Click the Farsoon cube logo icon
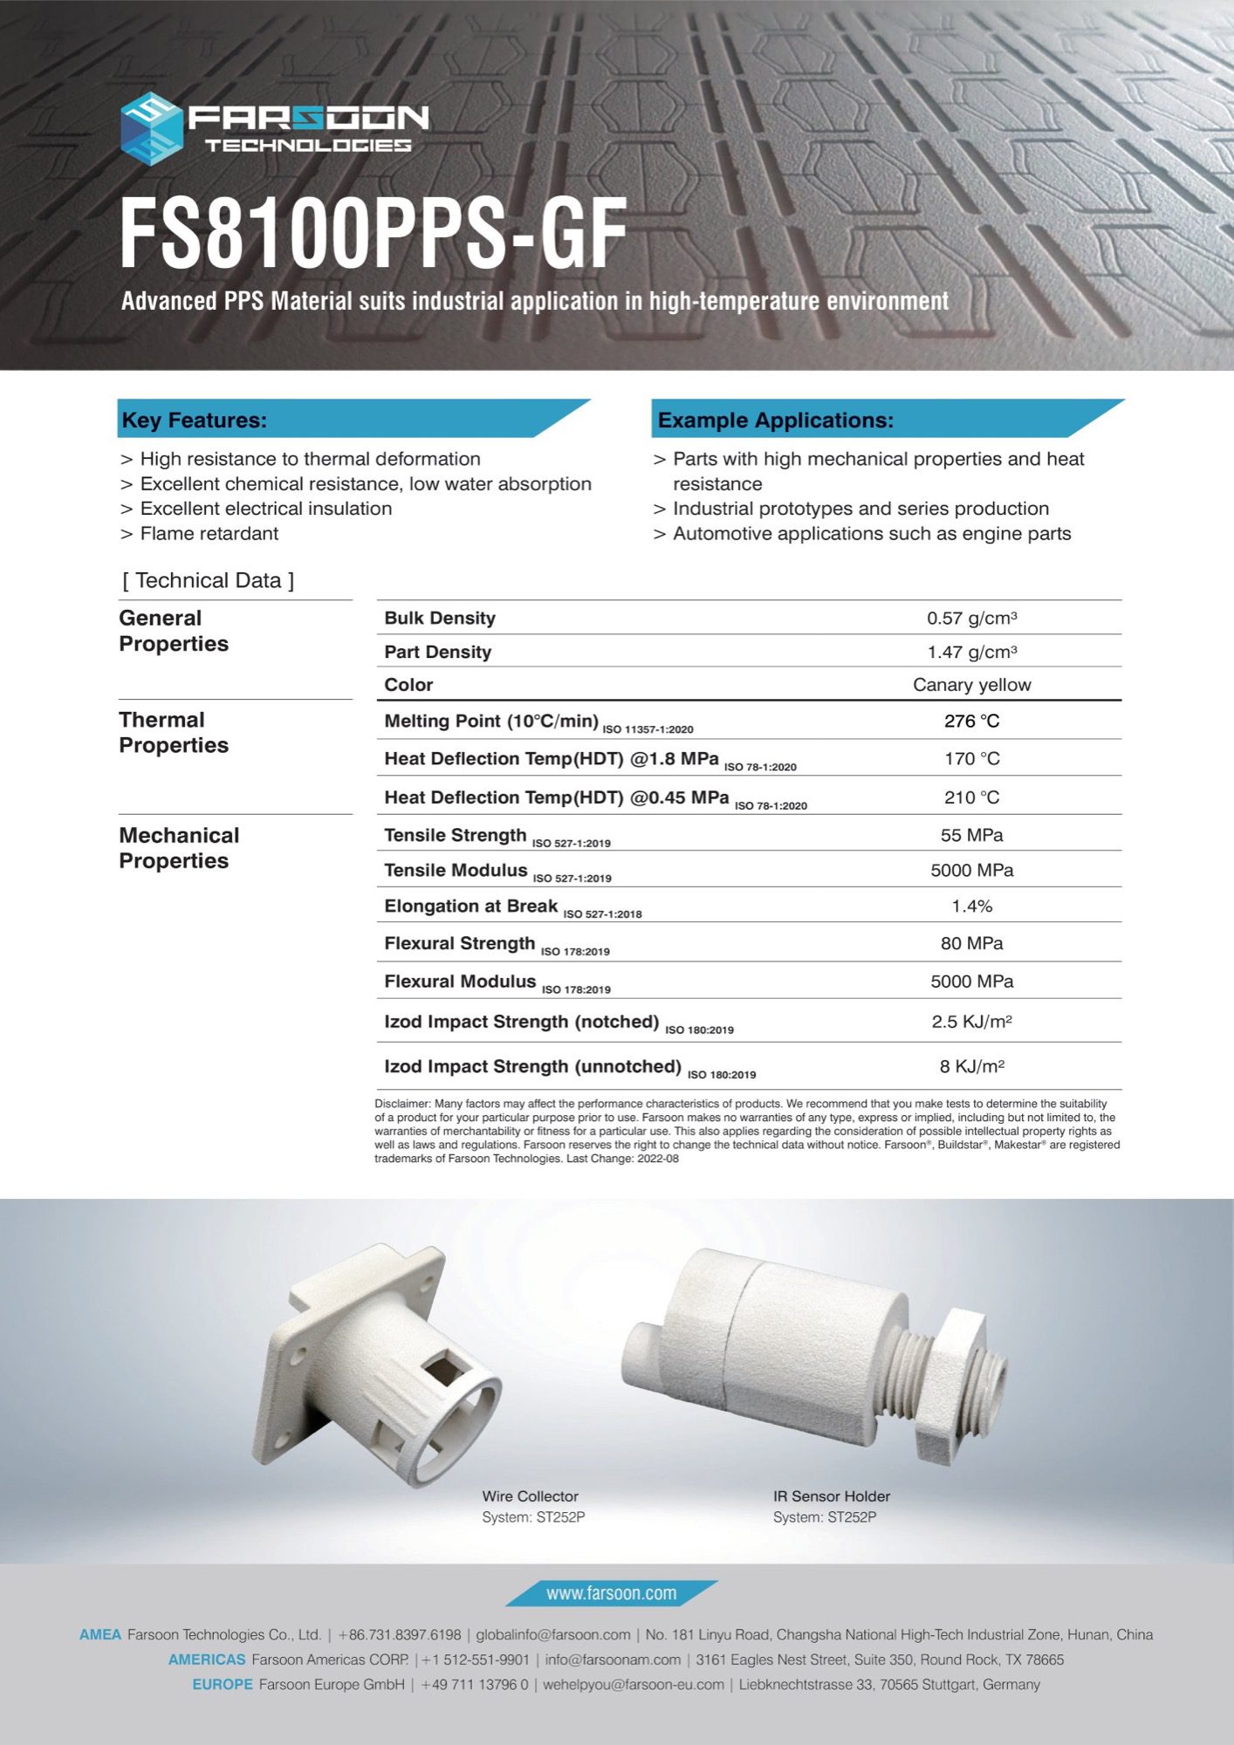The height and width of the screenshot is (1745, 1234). (x=151, y=128)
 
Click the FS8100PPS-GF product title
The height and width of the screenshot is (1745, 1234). (x=373, y=233)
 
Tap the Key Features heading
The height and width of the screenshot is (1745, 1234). (x=195, y=421)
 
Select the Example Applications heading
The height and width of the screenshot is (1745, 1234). (x=775, y=421)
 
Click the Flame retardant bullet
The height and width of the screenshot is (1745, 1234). (x=209, y=534)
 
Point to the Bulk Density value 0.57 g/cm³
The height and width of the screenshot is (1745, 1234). (x=971, y=619)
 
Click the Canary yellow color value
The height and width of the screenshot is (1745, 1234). (x=971, y=685)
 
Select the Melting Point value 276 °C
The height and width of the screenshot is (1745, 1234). (x=971, y=721)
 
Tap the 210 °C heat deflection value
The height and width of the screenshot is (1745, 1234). (x=971, y=797)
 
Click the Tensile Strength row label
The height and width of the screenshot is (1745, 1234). (x=455, y=836)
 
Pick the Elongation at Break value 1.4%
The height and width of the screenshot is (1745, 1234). (x=971, y=907)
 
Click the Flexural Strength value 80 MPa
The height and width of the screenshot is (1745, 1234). (x=971, y=943)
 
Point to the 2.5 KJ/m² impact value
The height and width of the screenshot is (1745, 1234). (x=971, y=1022)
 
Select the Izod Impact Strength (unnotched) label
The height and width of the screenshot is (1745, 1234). (x=532, y=1066)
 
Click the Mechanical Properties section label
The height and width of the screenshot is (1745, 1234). (x=178, y=848)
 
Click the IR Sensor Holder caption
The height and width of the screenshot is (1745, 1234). (x=831, y=1496)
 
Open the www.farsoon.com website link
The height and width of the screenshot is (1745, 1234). (x=611, y=1593)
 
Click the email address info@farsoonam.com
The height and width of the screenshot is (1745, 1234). (x=613, y=1659)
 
